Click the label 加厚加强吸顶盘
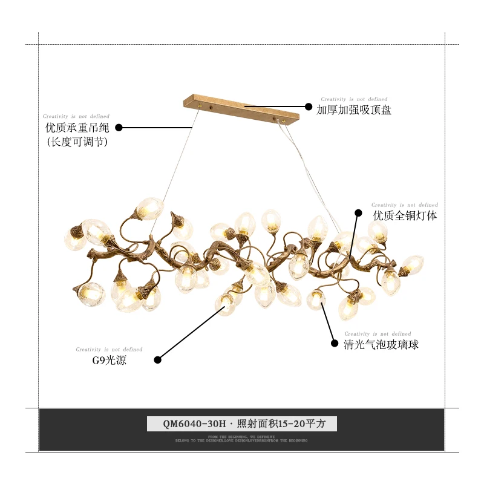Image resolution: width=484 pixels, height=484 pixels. tap(354, 110)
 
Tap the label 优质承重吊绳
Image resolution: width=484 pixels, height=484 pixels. tap(76, 128)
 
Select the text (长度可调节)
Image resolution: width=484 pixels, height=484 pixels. tap(77, 143)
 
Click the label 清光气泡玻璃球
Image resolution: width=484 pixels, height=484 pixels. tap(381, 345)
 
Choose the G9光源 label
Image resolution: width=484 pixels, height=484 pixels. tap(110, 361)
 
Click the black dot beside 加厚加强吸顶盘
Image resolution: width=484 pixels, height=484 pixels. tap(309, 106)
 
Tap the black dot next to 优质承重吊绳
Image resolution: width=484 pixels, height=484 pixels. tap(119, 128)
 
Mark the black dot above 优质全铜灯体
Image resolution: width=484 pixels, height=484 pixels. tap(358, 213)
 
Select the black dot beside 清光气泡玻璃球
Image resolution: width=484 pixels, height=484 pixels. tap(334, 343)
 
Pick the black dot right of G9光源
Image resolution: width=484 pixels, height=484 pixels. tap(157, 360)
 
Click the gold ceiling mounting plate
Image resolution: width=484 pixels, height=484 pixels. tap(241, 108)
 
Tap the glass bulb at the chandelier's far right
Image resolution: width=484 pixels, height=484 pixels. tap(413, 265)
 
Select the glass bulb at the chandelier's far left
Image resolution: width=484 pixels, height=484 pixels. tap(75, 238)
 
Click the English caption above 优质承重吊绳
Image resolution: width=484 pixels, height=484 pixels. tap(76, 116)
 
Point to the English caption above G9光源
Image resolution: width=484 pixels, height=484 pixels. tap(109, 350)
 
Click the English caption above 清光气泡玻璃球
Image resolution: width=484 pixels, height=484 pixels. tap(378, 334)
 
